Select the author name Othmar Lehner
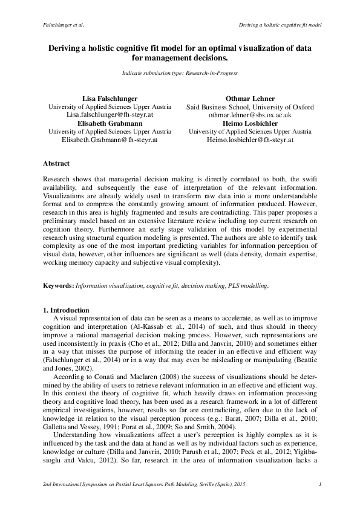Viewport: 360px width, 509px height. tap(250, 98)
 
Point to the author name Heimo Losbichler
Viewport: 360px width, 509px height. tap(250, 123)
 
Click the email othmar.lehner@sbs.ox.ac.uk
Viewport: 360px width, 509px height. tap(250, 114)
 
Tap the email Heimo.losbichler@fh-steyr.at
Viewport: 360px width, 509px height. tap(250, 139)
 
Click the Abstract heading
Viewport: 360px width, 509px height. tap(56, 164)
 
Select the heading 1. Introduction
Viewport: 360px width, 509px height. tap(70, 310)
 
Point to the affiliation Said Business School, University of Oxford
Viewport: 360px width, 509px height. tap(250, 106)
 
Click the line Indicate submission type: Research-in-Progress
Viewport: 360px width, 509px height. tap(180, 73)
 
